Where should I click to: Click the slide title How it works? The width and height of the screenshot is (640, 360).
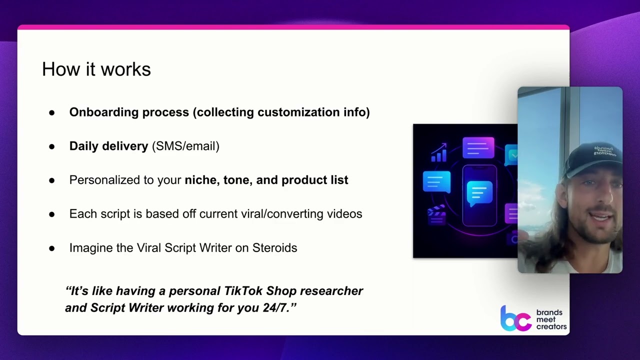point(96,69)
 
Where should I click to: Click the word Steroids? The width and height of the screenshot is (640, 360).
point(274,248)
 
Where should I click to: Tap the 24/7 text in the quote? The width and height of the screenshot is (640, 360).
point(278,308)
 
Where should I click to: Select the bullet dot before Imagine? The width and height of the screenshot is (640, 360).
point(52,248)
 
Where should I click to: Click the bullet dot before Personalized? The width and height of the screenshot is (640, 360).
point(52,180)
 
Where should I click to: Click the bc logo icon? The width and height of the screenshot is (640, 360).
point(515,318)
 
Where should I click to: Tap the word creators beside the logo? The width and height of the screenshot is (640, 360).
point(551,326)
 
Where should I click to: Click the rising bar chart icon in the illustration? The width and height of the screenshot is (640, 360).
point(439,152)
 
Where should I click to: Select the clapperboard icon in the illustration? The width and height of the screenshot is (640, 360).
point(436,215)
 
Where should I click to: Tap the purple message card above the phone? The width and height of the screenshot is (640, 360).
point(478,147)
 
